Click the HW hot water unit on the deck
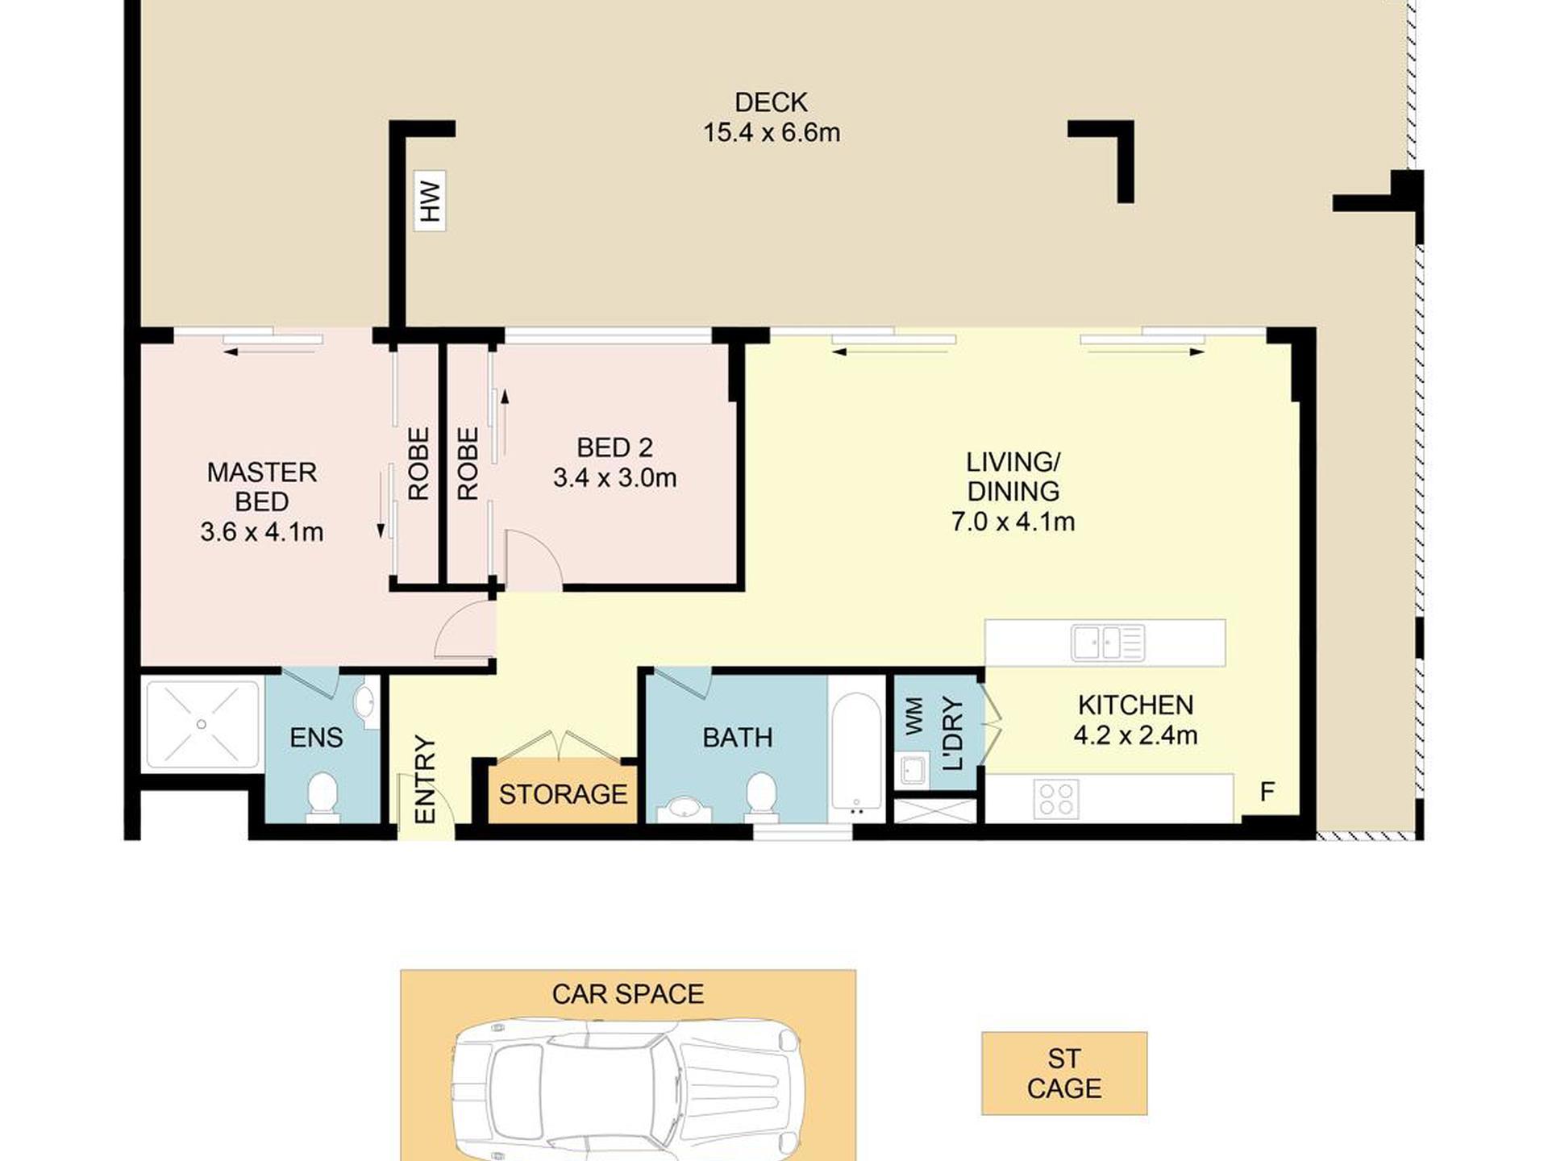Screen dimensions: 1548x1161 coord(430,201)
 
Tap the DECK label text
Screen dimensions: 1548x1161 coord(771,102)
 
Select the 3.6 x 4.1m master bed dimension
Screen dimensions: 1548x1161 coord(262,532)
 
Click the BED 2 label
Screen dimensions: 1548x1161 coord(614,447)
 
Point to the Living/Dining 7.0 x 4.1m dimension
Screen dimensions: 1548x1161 coord(1013,522)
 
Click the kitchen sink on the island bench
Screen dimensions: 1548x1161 coord(1108,643)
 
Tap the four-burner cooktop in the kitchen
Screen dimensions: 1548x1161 coord(1056,798)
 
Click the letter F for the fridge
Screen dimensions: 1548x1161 coord(1267,792)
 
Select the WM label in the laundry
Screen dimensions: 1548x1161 coord(913,716)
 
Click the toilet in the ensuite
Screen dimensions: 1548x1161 coord(322,797)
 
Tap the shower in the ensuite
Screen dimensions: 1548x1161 coord(202,724)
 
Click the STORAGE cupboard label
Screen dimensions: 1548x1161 coord(563,795)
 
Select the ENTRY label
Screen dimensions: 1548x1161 coord(424,780)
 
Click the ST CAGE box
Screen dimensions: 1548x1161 coord(1064,1073)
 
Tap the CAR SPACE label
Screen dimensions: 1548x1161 coord(628,994)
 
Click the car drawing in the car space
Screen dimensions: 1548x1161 coord(628,1088)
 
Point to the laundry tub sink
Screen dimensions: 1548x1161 coord(913,770)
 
